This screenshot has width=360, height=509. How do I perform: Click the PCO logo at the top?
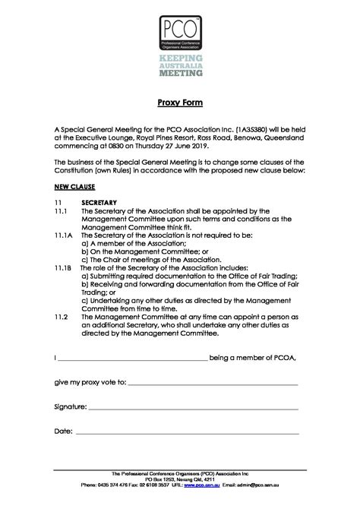pos(179,30)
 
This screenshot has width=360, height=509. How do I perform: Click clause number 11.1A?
pos(65,236)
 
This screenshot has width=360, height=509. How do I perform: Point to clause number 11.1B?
pos(65,268)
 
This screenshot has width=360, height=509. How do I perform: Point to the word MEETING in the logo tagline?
pos(180,74)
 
